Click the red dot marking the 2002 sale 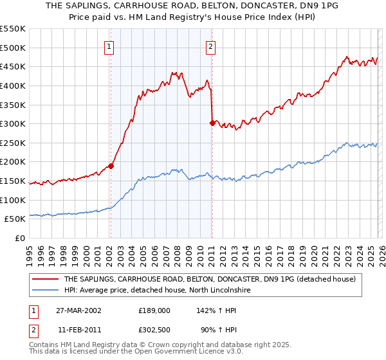point(111,166)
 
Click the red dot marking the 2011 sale point(212,123)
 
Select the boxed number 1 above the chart point(109,46)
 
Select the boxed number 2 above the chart point(211,46)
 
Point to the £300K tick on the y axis point(14,123)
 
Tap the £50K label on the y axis point(16,219)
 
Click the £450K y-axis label point(14,66)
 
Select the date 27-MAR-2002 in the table point(74,310)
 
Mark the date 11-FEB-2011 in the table point(74,330)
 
